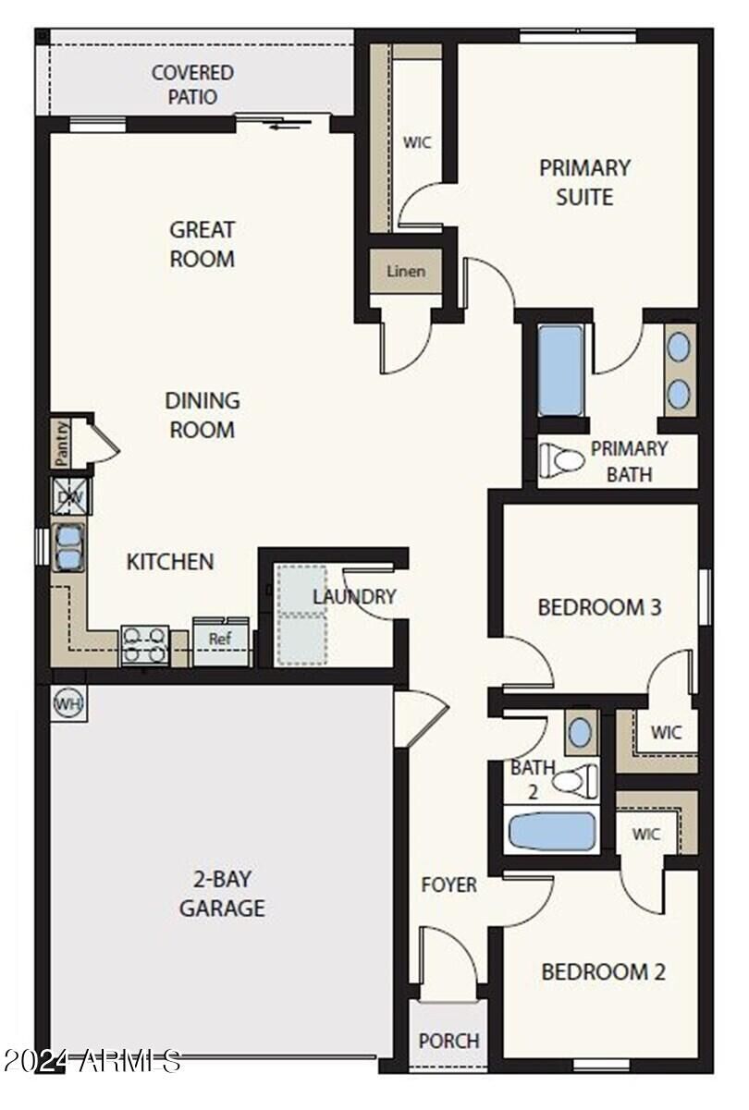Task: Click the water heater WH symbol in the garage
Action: click(69, 703)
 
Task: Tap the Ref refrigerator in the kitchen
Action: click(221, 641)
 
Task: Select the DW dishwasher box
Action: click(72, 496)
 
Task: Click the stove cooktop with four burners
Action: click(145, 646)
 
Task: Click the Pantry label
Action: click(61, 443)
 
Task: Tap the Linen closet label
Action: click(406, 272)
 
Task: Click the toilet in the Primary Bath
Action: click(561, 460)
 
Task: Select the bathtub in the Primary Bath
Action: click(560, 371)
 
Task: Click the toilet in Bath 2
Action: click(575, 782)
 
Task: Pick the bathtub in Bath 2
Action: click(552, 831)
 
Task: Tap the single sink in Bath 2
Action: click(581, 732)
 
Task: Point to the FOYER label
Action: click(449, 884)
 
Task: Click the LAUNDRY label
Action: click(355, 597)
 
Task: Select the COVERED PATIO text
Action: click(193, 85)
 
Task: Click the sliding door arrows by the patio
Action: click(285, 124)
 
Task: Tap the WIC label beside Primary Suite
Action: click(417, 142)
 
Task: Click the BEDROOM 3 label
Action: click(600, 607)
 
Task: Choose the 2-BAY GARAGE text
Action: click(222, 894)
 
